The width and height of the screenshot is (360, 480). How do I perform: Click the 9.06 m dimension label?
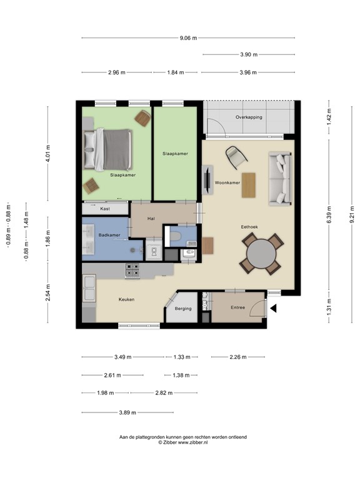click(x=188, y=38)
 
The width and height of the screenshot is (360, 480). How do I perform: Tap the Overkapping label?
click(x=249, y=117)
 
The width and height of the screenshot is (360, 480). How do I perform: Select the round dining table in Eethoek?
click(x=261, y=254)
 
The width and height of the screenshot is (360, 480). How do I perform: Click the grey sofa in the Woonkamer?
click(x=280, y=179)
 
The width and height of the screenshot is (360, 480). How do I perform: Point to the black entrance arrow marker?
click(x=273, y=308)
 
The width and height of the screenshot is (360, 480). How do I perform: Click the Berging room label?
click(x=183, y=309)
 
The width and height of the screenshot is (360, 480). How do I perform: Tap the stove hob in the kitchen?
click(x=132, y=271)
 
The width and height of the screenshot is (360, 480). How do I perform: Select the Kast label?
click(x=105, y=209)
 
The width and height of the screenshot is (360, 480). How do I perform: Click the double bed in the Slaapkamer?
click(x=107, y=149)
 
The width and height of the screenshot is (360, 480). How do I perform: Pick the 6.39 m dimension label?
click(x=329, y=214)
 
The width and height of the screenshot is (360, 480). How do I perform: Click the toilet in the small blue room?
click(x=176, y=236)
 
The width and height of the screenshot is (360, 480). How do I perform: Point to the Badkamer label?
click(x=109, y=235)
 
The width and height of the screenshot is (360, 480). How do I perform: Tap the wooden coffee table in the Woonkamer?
click(x=249, y=185)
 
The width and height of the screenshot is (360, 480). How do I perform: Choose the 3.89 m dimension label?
click(x=127, y=412)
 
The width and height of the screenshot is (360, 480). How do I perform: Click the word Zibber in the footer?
click(x=170, y=442)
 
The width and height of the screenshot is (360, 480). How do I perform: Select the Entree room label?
click(x=238, y=307)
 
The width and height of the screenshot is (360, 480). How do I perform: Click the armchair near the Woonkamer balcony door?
click(x=236, y=157)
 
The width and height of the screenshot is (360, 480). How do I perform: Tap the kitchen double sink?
click(x=89, y=288)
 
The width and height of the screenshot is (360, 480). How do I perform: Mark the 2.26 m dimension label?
click(x=238, y=357)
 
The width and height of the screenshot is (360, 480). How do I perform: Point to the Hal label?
click(x=151, y=219)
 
